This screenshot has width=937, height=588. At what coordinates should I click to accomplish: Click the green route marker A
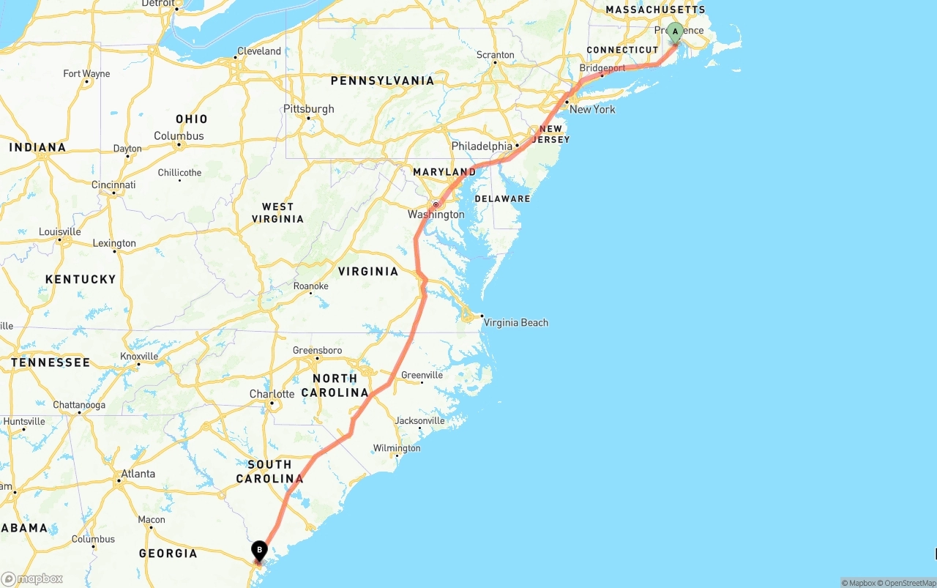click(x=675, y=32)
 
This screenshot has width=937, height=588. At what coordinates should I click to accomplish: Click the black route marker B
click(x=259, y=550)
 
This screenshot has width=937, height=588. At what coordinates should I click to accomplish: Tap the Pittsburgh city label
click(x=308, y=109)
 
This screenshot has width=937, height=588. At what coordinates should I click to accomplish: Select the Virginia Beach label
click(x=515, y=322)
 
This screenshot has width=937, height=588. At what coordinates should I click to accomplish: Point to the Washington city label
click(x=436, y=215)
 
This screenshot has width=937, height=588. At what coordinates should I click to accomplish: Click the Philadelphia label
click(x=482, y=146)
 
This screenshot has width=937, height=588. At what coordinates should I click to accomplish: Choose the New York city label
click(x=592, y=110)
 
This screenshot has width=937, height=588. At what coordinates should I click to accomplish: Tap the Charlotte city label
click(x=272, y=394)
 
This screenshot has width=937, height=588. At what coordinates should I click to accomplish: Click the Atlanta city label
click(x=138, y=474)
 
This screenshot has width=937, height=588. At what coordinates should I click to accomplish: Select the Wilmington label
click(x=397, y=448)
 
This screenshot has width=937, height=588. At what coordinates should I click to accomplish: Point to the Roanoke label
click(x=310, y=286)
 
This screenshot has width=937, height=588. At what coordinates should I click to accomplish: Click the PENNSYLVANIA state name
click(x=382, y=81)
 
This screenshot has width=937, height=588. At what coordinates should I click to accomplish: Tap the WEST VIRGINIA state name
click(x=277, y=213)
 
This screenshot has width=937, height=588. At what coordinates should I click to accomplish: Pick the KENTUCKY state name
click(x=81, y=279)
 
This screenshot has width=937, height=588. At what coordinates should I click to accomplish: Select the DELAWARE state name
click(x=502, y=198)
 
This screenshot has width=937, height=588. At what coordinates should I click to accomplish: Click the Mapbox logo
click(x=32, y=579)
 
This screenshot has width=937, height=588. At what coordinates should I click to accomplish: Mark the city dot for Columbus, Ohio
click(x=179, y=144)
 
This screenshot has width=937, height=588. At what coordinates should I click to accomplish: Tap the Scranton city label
click(x=496, y=55)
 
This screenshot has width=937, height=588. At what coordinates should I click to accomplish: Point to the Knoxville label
click(x=139, y=357)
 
